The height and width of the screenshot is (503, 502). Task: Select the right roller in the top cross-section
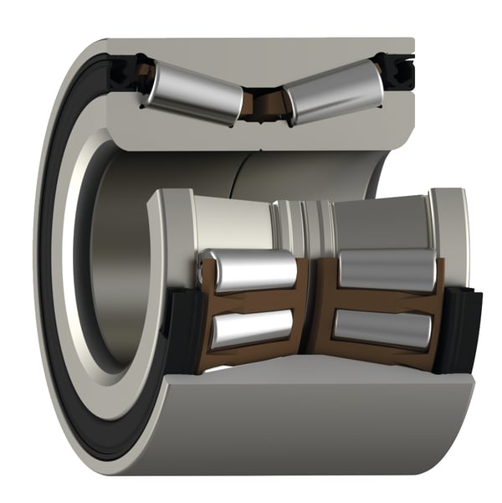click(x=330, y=92)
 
